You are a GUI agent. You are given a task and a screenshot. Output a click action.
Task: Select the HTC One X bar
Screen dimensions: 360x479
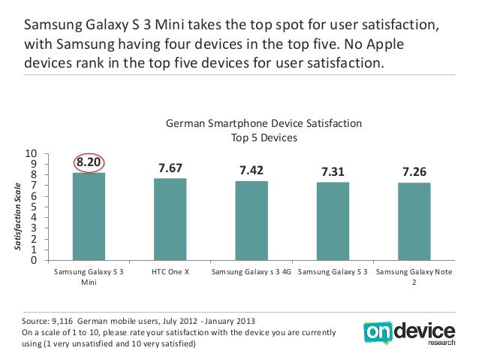click(170, 219)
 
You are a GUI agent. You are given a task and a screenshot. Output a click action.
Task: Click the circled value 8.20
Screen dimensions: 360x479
click(89, 162)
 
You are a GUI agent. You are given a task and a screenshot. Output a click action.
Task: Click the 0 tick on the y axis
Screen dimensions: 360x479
click(34, 261)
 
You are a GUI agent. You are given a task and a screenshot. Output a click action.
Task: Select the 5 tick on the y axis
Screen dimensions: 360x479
click(34, 207)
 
